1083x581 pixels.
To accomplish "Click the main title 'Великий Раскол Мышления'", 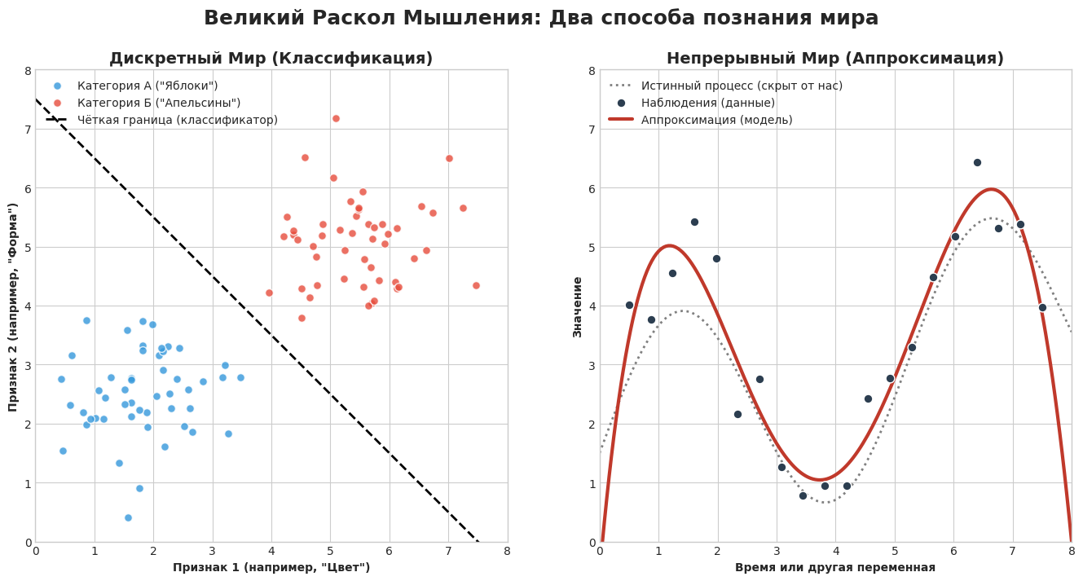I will point(541,18).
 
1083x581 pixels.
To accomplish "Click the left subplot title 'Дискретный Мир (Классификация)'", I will point(271,59).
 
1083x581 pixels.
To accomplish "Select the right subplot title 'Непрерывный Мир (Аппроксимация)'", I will point(834,59).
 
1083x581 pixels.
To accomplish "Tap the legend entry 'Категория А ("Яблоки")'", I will point(147,86).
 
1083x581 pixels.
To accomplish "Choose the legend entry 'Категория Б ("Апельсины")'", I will point(159,103).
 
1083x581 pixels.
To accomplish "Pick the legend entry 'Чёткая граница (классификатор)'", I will point(178,120).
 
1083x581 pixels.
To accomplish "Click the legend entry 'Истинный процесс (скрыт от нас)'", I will point(742,86).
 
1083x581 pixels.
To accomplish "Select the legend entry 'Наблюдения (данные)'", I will point(707,103).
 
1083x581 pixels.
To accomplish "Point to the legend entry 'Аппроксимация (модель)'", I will point(716,120).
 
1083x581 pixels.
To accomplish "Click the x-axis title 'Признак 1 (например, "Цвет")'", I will point(271,567).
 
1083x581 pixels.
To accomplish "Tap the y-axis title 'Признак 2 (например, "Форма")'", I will point(14,306).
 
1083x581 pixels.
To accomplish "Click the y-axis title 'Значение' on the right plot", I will point(578,306).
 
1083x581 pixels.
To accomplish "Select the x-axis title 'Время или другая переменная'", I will point(834,567).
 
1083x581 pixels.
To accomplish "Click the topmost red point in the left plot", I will point(336,118).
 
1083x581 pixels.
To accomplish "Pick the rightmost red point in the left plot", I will point(476,285).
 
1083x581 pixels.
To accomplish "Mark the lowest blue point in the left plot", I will point(128,517).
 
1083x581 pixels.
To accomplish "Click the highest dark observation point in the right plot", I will point(977,162).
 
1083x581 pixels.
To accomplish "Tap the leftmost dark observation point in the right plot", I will point(629,305).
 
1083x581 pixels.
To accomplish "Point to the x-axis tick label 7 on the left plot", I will point(448,551).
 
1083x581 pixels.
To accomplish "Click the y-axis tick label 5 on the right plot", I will point(592,247).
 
